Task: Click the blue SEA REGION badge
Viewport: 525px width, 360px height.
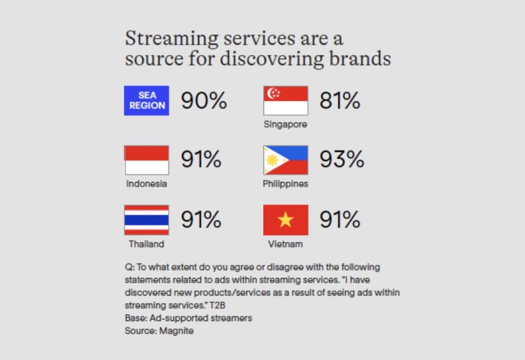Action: [x=147, y=101]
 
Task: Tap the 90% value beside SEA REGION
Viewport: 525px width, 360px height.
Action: [x=204, y=101]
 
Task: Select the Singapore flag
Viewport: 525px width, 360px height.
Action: [x=286, y=101]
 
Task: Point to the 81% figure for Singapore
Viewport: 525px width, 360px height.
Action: [x=340, y=101]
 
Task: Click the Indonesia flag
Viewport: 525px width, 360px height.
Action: [x=147, y=160]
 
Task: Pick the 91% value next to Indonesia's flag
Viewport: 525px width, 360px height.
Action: [x=201, y=159]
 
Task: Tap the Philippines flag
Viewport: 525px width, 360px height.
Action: [x=286, y=160]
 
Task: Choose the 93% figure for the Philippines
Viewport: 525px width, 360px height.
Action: [x=342, y=159]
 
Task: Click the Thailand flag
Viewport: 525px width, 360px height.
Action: [x=147, y=220]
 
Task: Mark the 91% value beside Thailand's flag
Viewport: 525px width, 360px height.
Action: [x=201, y=219]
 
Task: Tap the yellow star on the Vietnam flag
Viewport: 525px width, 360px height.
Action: [x=286, y=220]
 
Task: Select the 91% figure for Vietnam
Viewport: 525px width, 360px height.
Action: [x=340, y=219]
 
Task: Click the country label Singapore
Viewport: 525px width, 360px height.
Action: [x=285, y=125]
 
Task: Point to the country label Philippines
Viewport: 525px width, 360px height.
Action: [x=285, y=184]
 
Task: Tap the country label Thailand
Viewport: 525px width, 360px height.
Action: [x=146, y=244]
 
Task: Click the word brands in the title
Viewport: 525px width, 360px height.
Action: [x=360, y=58]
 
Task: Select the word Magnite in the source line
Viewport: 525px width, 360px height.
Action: [x=176, y=331]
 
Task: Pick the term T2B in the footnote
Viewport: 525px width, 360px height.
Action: [x=217, y=306]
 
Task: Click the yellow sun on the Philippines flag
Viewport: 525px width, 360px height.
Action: [x=272, y=160]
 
